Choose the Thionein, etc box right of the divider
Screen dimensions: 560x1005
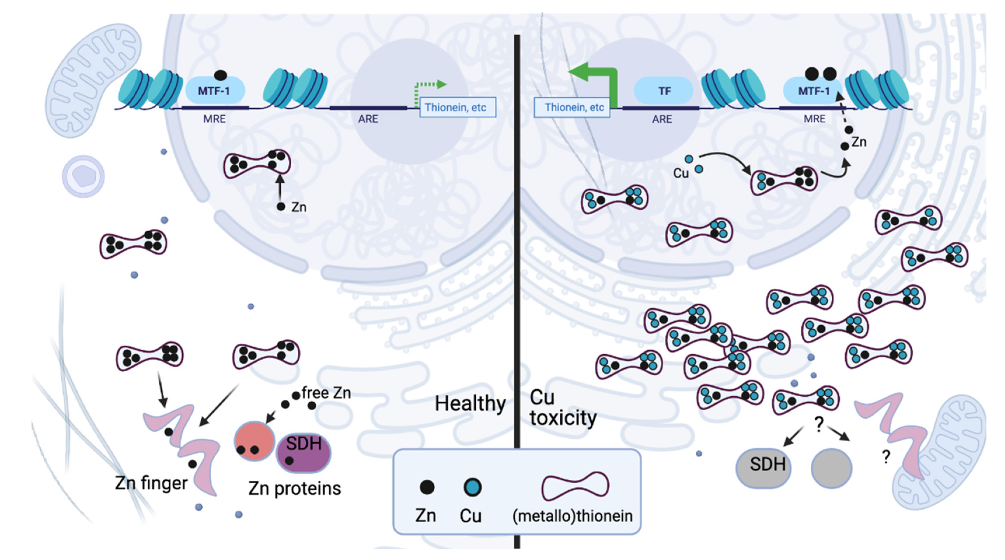coord(572,107)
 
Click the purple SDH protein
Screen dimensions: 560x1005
coord(303,452)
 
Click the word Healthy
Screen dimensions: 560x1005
coord(470,403)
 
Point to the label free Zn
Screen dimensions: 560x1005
coord(326,393)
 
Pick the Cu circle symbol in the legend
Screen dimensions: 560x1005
coord(472,487)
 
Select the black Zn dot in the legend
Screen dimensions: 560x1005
coord(427,487)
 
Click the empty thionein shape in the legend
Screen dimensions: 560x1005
coord(575,486)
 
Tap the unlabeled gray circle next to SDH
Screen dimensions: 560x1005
coord(831,468)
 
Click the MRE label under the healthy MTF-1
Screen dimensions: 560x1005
coord(214,118)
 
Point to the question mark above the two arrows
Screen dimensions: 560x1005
coord(819,423)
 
